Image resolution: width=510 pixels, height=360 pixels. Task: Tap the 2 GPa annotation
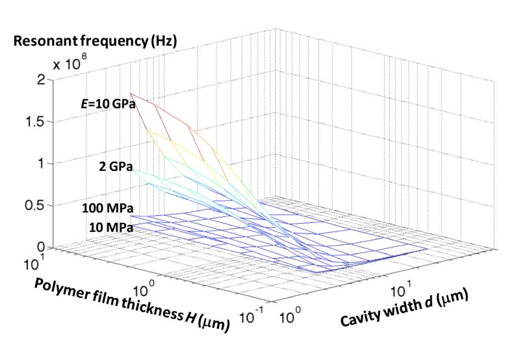(x=116, y=166)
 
